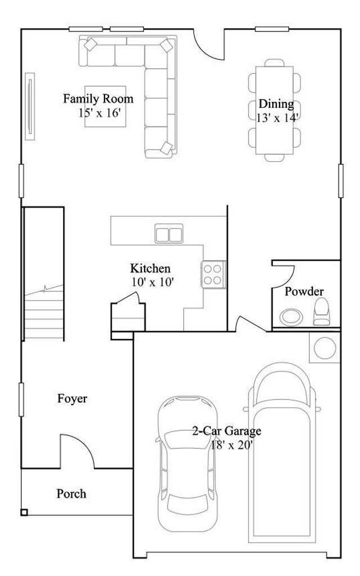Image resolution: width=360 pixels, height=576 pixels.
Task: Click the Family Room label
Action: tap(98, 99)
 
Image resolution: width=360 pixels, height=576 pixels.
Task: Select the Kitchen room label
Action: tap(150, 268)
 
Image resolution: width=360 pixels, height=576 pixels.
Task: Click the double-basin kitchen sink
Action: tap(169, 233)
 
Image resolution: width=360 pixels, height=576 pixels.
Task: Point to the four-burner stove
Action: tap(213, 274)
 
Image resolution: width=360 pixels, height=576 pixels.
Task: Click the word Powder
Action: tap(304, 292)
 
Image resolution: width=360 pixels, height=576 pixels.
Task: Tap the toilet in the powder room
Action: tap(321, 312)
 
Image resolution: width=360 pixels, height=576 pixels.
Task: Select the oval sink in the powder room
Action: tap(291, 317)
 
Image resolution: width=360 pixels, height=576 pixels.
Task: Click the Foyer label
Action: tap(73, 399)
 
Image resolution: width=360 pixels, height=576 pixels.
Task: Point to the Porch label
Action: tap(71, 494)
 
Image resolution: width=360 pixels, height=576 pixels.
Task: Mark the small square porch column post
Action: tap(24, 512)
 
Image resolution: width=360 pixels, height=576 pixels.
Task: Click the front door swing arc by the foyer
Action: tap(85, 444)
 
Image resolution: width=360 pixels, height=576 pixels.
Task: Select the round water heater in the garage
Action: tap(325, 348)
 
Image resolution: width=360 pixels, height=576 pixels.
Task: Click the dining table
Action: tap(274, 110)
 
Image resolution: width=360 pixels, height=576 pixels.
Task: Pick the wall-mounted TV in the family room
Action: tap(30, 106)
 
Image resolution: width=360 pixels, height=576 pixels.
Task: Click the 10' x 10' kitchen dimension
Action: tap(152, 282)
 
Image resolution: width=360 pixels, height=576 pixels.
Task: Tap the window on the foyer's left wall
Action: tap(21, 400)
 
